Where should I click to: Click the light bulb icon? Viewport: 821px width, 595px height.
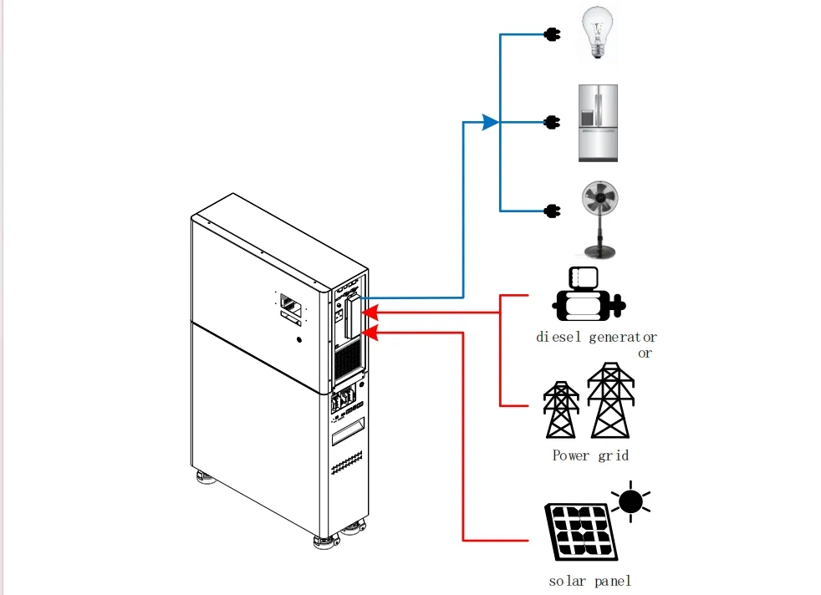pos(598,32)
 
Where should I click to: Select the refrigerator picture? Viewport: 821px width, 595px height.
pos(598,123)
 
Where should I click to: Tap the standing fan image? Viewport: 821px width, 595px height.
pos(600,220)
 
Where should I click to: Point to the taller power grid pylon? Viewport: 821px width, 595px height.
pos(610,400)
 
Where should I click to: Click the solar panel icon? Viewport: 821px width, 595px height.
pos(581,531)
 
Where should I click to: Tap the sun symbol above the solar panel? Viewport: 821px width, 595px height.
pos(630,502)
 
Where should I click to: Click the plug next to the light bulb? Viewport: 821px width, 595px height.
pos(553,34)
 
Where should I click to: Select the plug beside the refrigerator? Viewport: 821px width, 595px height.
pos(553,123)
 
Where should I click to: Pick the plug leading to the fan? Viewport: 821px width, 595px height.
pos(553,211)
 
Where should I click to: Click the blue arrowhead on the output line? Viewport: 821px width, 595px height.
pos(491,123)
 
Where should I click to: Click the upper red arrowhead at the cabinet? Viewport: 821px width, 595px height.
pos(370,313)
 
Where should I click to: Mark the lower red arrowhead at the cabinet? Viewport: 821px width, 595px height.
pos(370,333)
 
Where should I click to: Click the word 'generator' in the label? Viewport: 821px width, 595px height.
pos(623,338)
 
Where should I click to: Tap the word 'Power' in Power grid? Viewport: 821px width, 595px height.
pos(571,455)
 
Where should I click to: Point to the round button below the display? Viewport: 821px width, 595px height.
pos(299,339)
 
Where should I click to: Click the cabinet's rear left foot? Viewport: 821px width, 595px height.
pos(205,477)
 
